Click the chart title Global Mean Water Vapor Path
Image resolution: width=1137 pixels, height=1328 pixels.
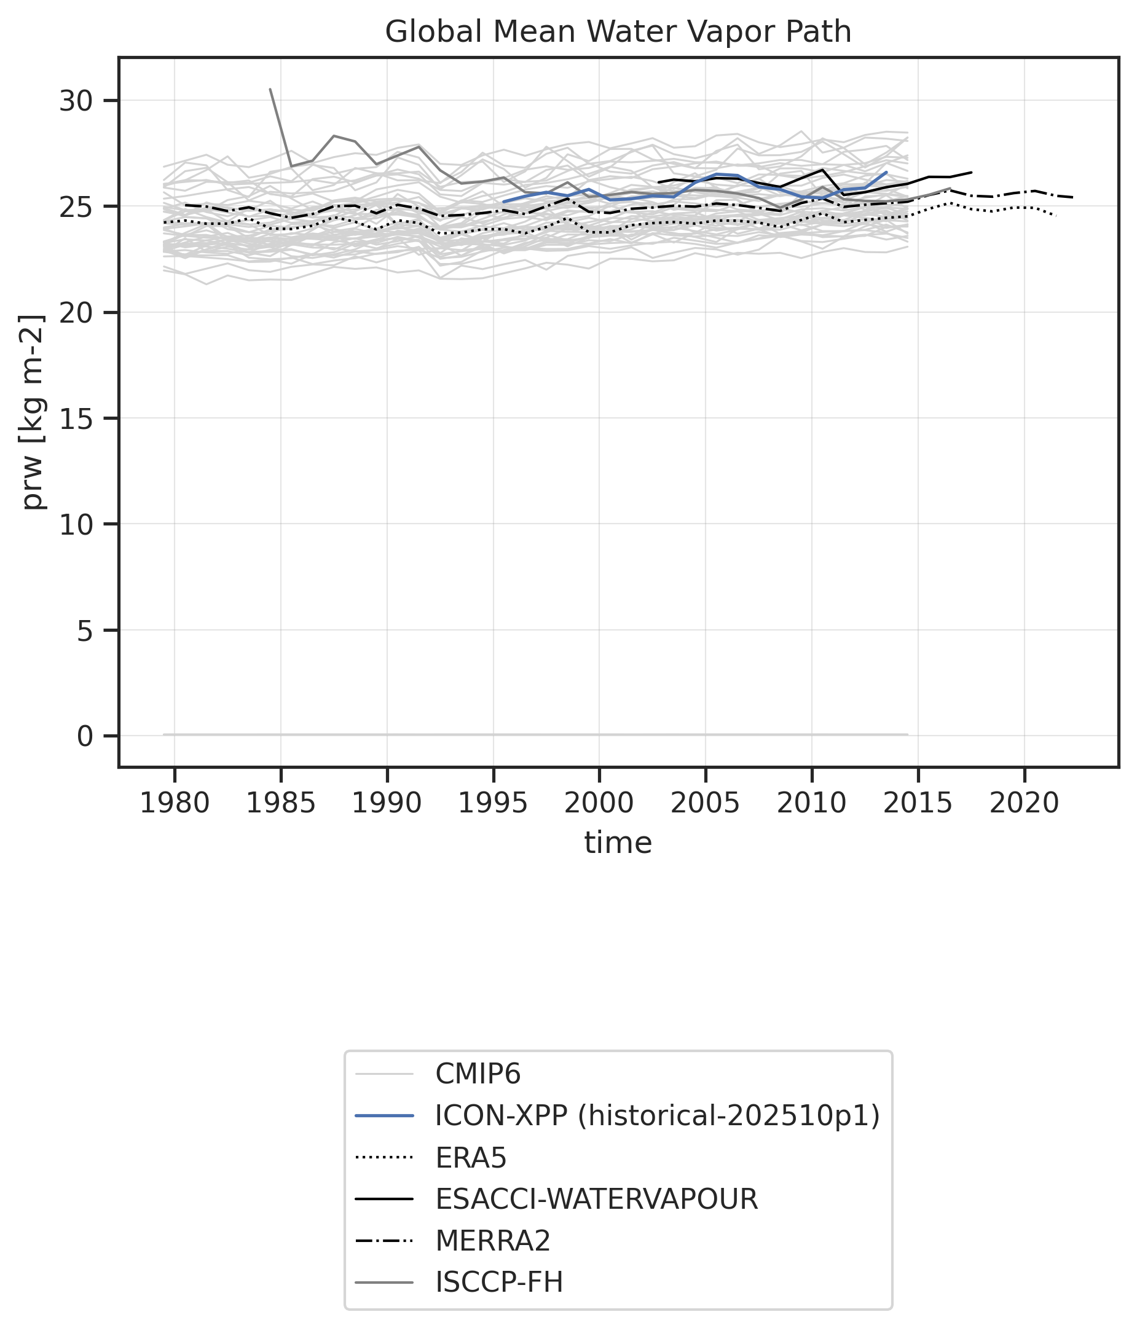tap(618, 32)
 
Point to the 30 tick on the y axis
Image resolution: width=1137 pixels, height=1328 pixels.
tap(76, 101)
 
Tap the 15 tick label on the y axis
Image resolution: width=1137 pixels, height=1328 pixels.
tap(76, 418)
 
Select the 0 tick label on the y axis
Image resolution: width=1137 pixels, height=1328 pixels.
tap(85, 736)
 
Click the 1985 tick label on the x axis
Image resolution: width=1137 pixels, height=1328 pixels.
tap(281, 803)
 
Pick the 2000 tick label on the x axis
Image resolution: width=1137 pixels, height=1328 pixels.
tap(599, 803)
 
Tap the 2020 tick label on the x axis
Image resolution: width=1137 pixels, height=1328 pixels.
tap(1023, 803)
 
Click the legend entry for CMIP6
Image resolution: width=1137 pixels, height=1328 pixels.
tap(478, 1074)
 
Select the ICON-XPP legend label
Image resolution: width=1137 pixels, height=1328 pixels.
tap(657, 1116)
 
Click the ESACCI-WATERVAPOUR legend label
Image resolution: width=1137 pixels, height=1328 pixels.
tap(596, 1199)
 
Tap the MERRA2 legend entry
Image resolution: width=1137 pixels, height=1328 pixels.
tap(492, 1241)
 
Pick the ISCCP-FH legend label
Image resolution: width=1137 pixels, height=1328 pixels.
tap(498, 1283)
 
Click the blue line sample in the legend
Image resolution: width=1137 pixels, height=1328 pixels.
tap(384, 1117)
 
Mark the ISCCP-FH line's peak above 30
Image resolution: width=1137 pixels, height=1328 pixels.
tap(270, 90)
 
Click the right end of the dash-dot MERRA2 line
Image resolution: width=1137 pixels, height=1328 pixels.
tap(1072, 197)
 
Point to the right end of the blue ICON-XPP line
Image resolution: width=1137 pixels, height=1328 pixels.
tap(886, 172)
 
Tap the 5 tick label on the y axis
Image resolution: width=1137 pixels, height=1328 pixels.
tap(85, 631)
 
